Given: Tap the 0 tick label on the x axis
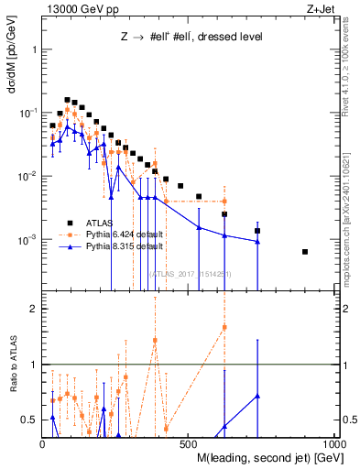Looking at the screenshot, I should point(43,442).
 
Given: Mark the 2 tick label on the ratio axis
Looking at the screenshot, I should point(35,309).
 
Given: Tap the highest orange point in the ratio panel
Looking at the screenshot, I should point(224,327).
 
